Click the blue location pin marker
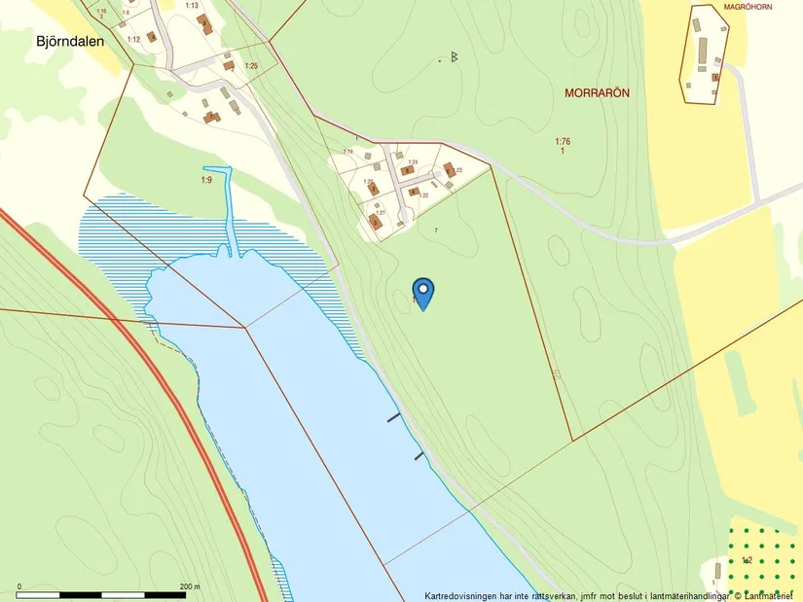[423, 292]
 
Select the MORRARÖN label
[598, 93]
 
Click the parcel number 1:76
[563, 142]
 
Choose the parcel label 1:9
[206, 180]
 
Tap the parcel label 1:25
[251, 65]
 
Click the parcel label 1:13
[191, 6]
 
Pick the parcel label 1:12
[133, 39]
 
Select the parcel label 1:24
[413, 161]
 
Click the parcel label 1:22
[423, 195]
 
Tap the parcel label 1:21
[381, 212]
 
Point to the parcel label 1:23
[457, 170]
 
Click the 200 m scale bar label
[191, 586]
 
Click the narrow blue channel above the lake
[232, 209]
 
